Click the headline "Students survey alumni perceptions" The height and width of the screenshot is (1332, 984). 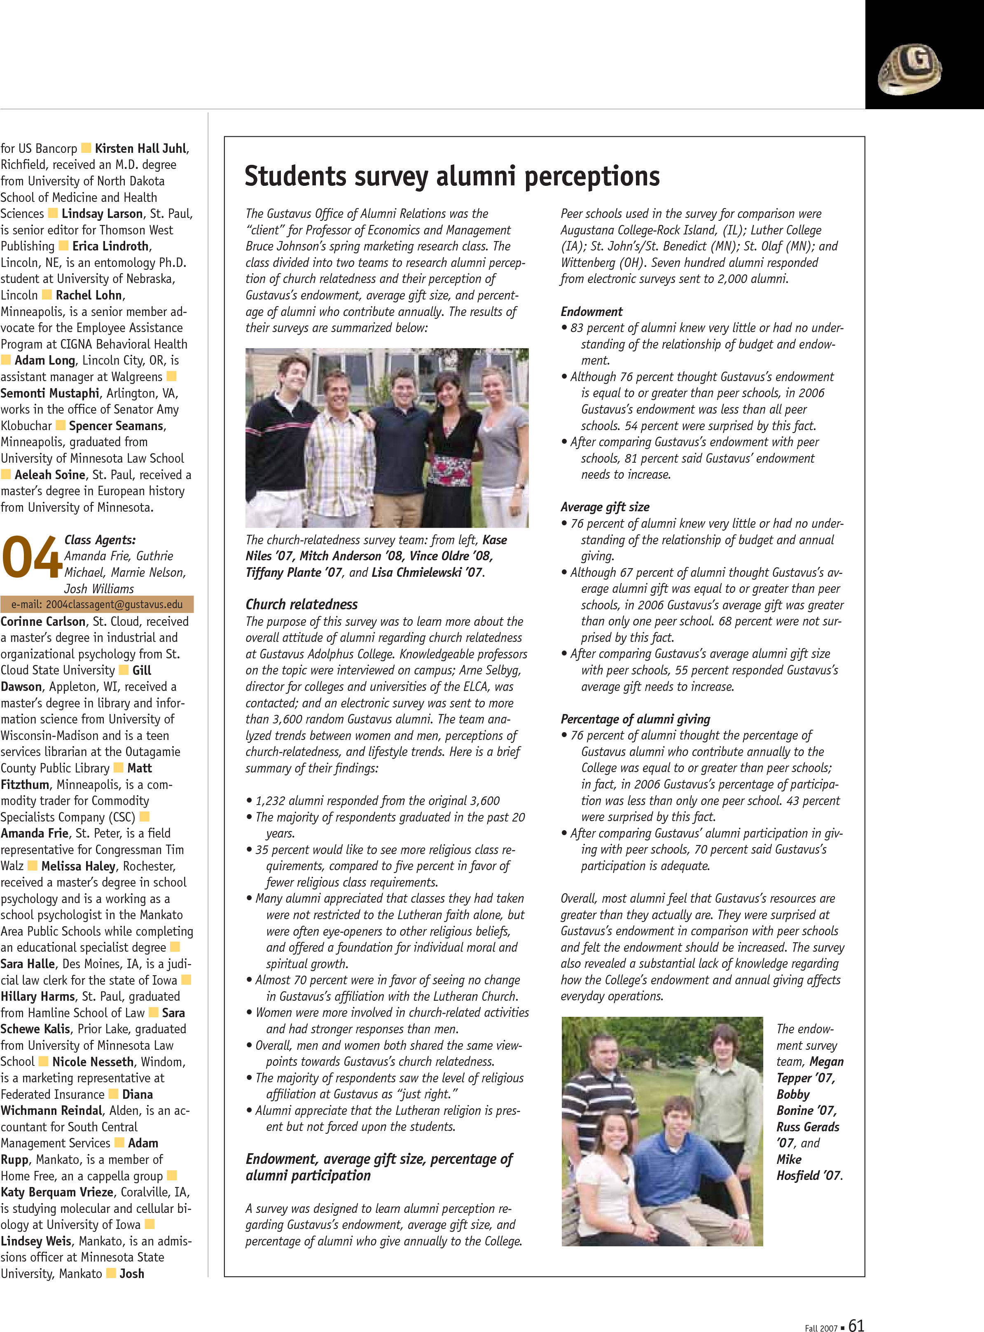pyautogui.click(x=452, y=176)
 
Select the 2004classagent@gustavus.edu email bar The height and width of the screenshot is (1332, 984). pyautogui.click(x=97, y=604)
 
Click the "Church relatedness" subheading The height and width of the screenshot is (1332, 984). pyautogui.click(x=302, y=604)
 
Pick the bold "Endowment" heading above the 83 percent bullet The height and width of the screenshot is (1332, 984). pyautogui.click(x=591, y=311)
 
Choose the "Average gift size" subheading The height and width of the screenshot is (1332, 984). pyautogui.click(x=605, y=507)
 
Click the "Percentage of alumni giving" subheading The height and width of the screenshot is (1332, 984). pyautogui.click(x=635, y=719)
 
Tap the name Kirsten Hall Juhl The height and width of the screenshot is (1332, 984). pyautogui.click(x=141, y=148)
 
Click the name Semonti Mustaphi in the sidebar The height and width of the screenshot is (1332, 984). pyautogui.click(x=50, y=393)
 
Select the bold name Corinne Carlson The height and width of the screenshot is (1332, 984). pyautogui.click(x=43, y=621)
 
